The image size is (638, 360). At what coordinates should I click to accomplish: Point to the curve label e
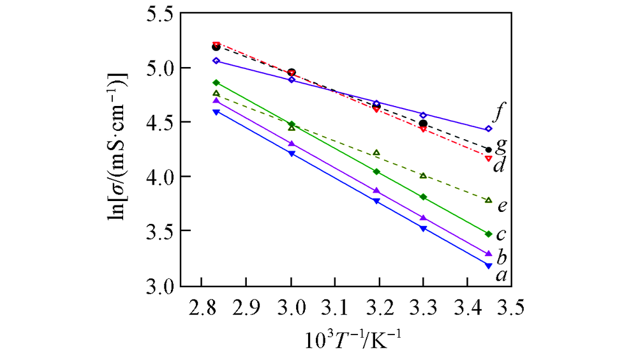tap(503, 206)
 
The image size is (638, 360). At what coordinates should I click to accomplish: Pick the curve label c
tap(503, 235)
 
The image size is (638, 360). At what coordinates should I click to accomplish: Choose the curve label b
tap(501, 258)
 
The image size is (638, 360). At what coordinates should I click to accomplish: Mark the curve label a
tap(501, 275)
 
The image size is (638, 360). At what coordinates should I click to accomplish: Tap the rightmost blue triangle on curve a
tap(488, 266)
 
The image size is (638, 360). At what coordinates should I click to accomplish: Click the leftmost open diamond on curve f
tap(216, 61)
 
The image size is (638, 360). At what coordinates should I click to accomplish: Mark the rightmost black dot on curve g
tap(489, 150)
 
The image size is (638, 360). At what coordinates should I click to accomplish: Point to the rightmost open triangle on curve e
tap(489, 200)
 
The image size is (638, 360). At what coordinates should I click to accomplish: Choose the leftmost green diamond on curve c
tap(216, 82)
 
